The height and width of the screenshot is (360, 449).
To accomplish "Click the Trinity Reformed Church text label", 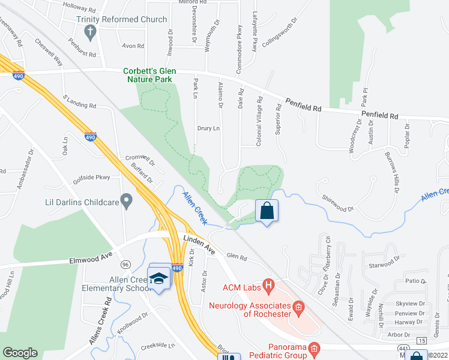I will coord(121,20).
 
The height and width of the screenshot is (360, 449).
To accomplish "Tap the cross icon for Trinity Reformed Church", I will coord(91,32).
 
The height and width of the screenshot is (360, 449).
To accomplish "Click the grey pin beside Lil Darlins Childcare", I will coord(126,199).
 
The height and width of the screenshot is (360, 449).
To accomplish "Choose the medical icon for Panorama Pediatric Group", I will coord(313,349).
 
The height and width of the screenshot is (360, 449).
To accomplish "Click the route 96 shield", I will coord(125,264).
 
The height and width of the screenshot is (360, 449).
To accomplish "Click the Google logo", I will coord(20,353).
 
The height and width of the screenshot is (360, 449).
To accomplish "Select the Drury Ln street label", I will coord(208,128).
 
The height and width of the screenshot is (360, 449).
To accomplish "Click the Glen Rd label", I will coord(237,256).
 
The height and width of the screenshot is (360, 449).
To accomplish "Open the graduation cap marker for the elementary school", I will coord(158,278).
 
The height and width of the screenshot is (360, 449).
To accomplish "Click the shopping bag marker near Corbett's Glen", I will coord(267,211).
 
